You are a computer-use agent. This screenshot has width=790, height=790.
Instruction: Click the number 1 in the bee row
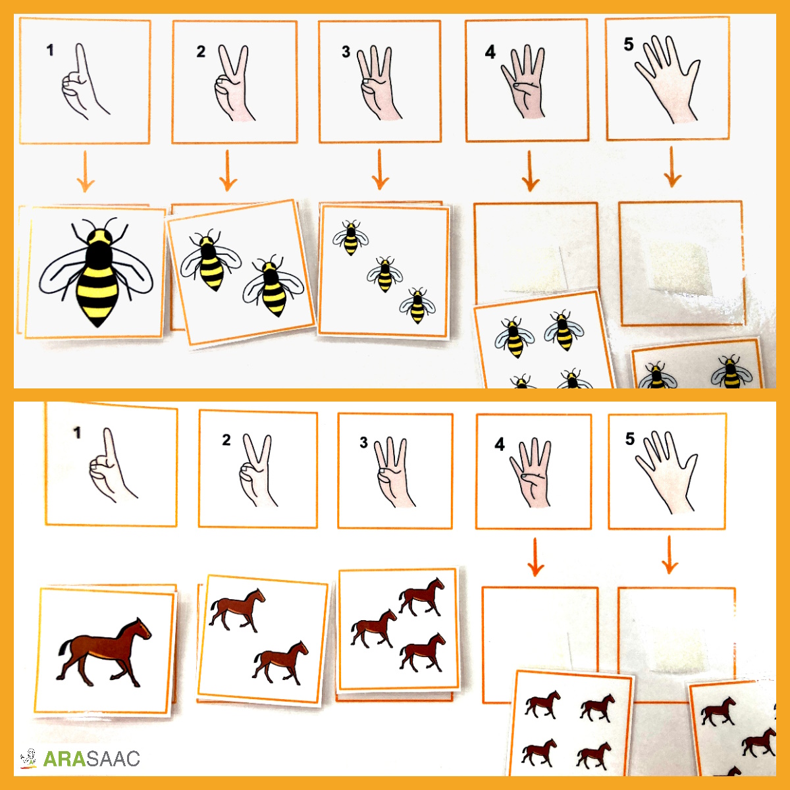tap(50, 50)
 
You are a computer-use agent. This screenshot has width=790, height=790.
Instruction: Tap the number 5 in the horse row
tap(630, 438)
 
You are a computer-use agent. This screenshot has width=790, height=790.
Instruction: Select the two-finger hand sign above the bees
tap(233, 83)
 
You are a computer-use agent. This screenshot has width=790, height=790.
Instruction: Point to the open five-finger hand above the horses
tap(667, 471)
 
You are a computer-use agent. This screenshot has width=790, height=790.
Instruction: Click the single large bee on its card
tap(97, 272)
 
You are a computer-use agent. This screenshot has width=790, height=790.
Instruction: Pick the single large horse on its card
tap(104, 652)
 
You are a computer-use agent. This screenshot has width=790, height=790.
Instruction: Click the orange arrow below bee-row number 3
tap(380, 169)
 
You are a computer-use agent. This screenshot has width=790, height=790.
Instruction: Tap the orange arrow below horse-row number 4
tap(535, 557)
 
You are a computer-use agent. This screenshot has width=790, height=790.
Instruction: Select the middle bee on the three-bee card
tap(384, 275)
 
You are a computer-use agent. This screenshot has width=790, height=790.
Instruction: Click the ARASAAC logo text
tap(92, 758)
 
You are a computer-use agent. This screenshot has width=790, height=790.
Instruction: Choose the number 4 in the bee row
tap(490, 52)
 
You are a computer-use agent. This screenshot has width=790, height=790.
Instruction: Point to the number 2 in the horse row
tap(226, 440)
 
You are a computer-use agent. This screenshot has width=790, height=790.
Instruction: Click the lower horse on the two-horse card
tap(281, 663)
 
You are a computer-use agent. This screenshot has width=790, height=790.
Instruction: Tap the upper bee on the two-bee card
tap(210, 259)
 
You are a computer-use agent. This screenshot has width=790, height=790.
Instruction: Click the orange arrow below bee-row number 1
tap(86, 171)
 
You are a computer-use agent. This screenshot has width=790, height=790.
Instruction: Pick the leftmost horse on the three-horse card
tap(373, 628)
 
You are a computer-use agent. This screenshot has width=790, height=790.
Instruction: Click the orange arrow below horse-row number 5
tap(670, 555)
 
